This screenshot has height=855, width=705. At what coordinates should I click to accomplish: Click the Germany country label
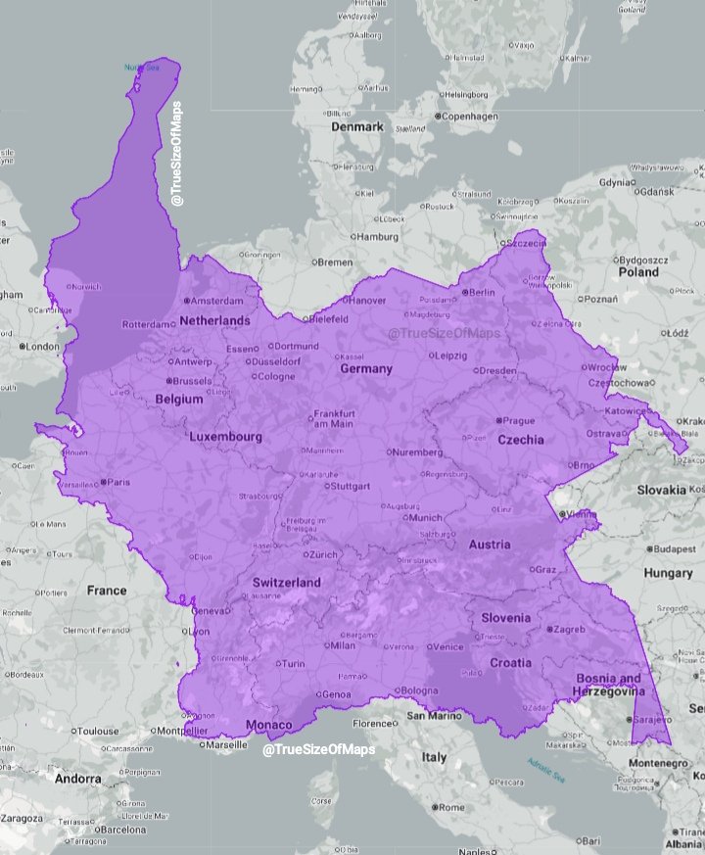[366, 369]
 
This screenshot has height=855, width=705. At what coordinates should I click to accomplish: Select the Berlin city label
[480, 292]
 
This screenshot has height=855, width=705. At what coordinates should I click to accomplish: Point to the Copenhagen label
[470, 117]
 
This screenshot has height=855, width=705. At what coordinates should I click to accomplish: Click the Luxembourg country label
[225, 437]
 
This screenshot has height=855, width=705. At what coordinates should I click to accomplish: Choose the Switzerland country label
[286, 583]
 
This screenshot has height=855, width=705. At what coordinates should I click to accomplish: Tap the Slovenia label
[505, 618]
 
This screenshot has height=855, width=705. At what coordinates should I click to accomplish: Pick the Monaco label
[268, 725]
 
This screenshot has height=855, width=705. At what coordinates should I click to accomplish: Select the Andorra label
[50, 780]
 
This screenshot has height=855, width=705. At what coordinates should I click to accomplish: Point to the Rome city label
[451, 808]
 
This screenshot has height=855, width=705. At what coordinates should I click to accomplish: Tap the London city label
[42, 346]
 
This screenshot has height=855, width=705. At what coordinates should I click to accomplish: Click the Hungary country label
[668, 573]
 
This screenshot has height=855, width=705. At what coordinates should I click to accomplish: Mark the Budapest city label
[675, 549]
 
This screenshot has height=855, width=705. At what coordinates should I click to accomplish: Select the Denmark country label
[357, 127]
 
